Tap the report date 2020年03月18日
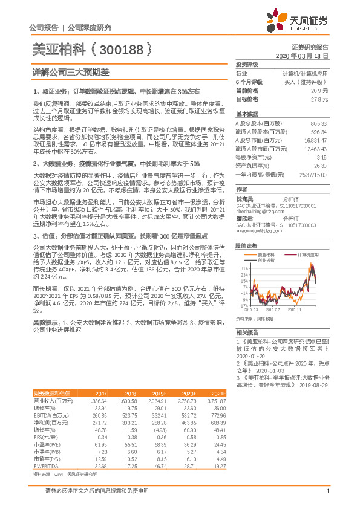302,55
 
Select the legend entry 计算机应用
310,255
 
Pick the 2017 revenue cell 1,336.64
97,401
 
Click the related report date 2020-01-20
250,357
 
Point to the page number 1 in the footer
327,490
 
